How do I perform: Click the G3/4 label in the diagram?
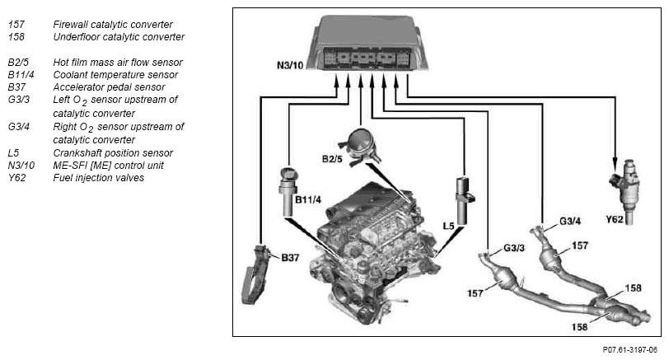pos(571,221)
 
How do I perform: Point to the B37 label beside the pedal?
pos(289,257)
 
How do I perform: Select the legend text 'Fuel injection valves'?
pos(98,177)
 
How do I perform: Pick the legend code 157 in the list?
pos(16,25)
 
